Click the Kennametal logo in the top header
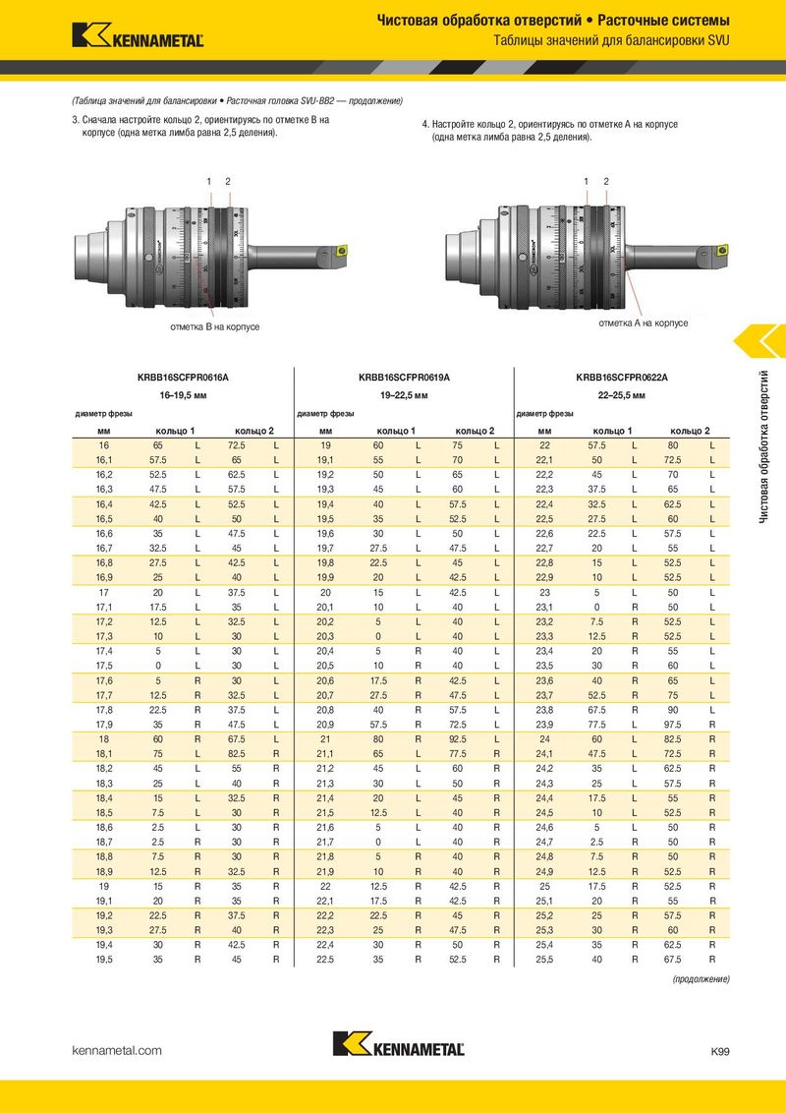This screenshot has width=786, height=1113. pos(138,35)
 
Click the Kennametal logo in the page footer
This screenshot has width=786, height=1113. pos(399,1043)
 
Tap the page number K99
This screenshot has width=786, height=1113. pos(719,1051)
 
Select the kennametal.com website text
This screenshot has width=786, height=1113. pos(117,1050)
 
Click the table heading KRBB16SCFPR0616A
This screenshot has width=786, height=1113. pos(183,378)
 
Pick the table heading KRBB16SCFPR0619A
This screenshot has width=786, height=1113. pos(405,378)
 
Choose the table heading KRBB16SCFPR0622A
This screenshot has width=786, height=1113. pos(621,378)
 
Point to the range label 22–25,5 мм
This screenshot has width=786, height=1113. pos(621,395)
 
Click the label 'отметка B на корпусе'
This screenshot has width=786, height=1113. pos(215,327)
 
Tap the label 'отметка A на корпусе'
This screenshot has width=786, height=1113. pos(644,322)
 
